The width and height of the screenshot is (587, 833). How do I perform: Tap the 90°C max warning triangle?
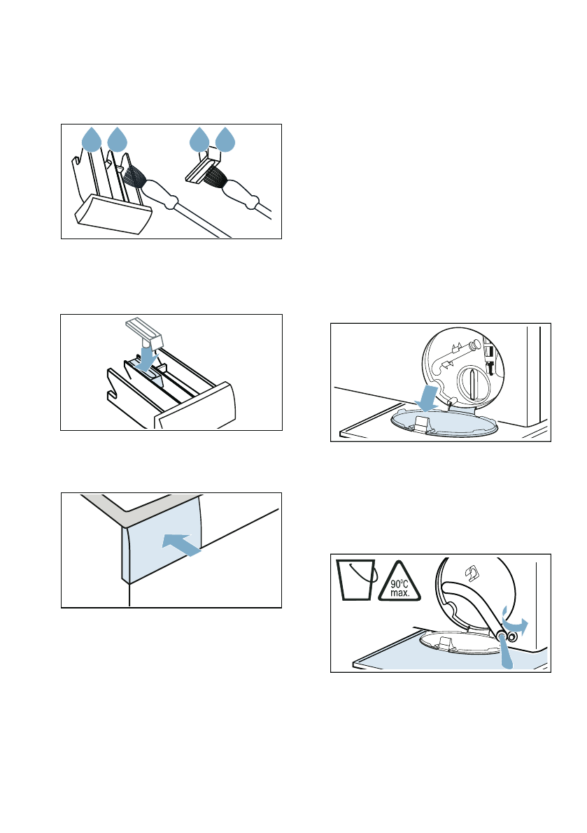point(399,583)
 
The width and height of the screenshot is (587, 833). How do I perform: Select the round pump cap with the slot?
point(474,383)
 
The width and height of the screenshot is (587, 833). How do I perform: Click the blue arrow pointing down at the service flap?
point(428,398)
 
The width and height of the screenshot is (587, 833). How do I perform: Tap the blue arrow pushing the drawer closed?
point(181,545)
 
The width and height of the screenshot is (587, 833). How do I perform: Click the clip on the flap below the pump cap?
point(422,423)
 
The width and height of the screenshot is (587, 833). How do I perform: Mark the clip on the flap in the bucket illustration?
point(445,642)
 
